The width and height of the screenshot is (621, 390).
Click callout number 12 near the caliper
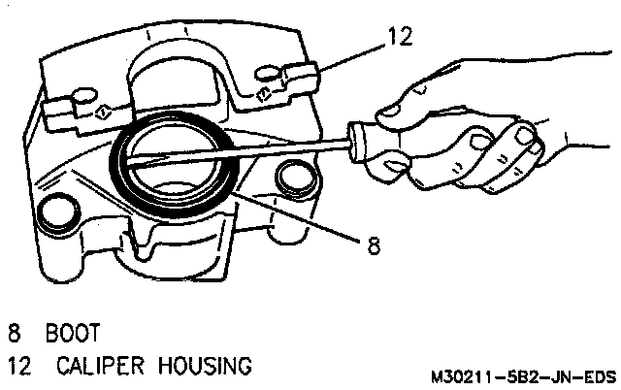click(398, 37)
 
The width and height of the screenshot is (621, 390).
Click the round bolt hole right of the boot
click(292, 179)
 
